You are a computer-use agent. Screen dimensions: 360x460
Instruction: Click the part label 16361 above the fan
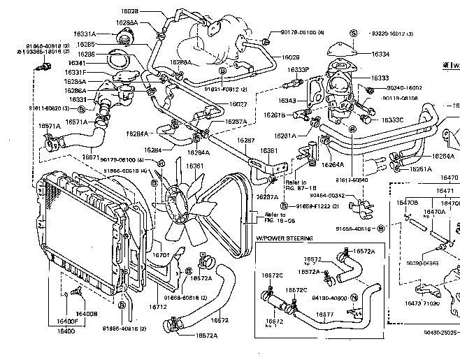194,166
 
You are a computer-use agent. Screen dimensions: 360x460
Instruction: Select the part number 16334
380,54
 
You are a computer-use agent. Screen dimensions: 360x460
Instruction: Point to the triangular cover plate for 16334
340,48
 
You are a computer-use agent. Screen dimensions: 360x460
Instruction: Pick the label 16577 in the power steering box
324,315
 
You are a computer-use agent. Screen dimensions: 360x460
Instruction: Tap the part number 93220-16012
391,34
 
